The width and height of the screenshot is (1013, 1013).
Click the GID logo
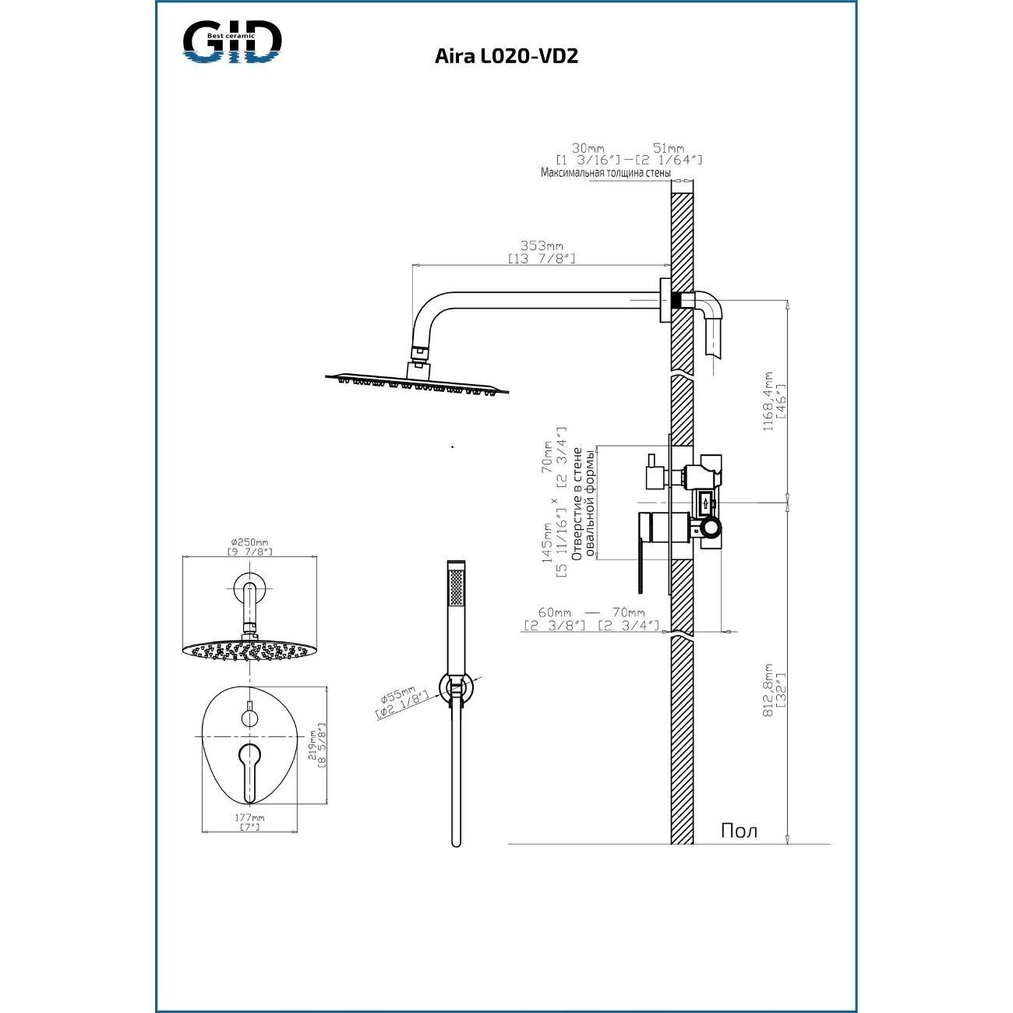click(x=232, y=42)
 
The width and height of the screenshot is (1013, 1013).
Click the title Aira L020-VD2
click(x=507, y=56)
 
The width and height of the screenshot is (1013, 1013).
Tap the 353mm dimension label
click(x=542, y=245)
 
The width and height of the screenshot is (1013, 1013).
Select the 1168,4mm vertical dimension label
click(x=768, y=401)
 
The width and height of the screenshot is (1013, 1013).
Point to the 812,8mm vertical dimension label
click(x=768, y=690)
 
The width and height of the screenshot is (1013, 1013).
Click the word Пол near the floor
click(x=739, y=831)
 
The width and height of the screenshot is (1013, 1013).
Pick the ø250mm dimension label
click(x=249, y=542)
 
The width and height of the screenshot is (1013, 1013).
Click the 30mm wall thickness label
click(x=588, y=148)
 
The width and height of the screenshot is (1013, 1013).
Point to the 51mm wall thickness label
click(x=668, y=148)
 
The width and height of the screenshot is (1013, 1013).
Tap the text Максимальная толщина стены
click(x=605, y=172)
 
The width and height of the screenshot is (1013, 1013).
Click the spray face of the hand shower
click(x=457, y=587)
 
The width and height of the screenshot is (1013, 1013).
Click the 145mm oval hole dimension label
click(x=548, y=542)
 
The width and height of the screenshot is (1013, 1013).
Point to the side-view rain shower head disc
click(x=418, y=382)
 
